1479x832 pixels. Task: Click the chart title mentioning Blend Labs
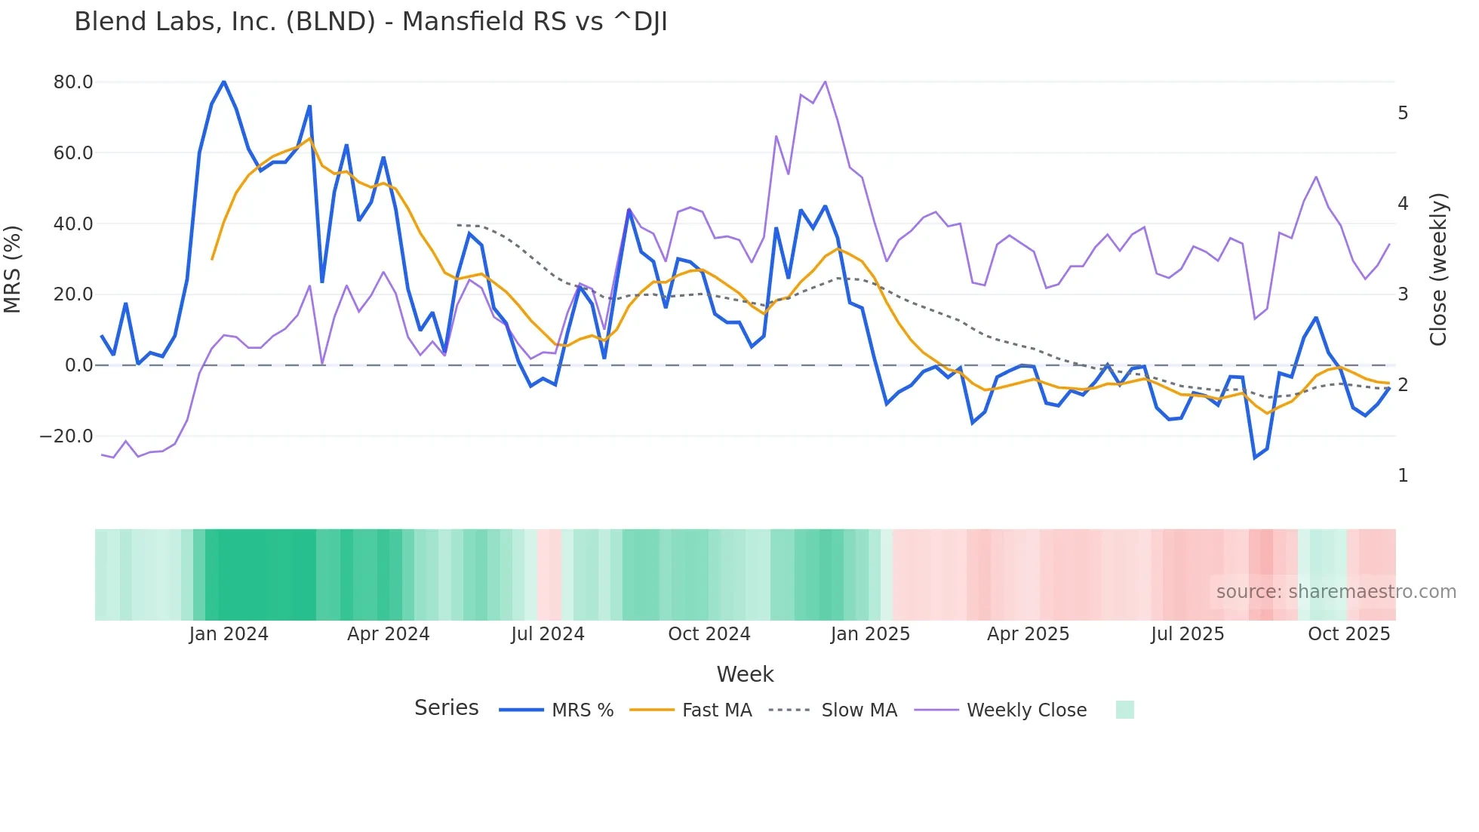[x=371, y=22]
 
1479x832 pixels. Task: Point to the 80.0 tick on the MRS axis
[x=73, y=82]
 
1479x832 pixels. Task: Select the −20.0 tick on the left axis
[x=66, y=436]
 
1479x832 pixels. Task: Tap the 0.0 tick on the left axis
[x=78, y=365]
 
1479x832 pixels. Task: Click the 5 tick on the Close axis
[x=1403, y=113]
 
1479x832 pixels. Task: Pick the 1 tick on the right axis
[x=1403, y=476]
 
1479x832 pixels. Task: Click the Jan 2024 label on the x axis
[x=229, y=634]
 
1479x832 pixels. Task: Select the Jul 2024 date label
[x=548, y=634]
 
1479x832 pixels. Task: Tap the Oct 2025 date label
[x=1348, y=634]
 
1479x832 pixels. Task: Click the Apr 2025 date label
[x=1028, y=634]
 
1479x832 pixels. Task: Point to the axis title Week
[x=745, y=674]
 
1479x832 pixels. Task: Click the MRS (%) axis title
[x=13, y=269]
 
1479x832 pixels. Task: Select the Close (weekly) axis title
[x=1438, y=270]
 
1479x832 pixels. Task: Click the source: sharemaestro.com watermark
[x=1336, y=592]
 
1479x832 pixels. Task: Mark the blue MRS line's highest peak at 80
[x=224, y=82]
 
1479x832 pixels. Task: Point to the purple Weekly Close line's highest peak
[x=825, y=82]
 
